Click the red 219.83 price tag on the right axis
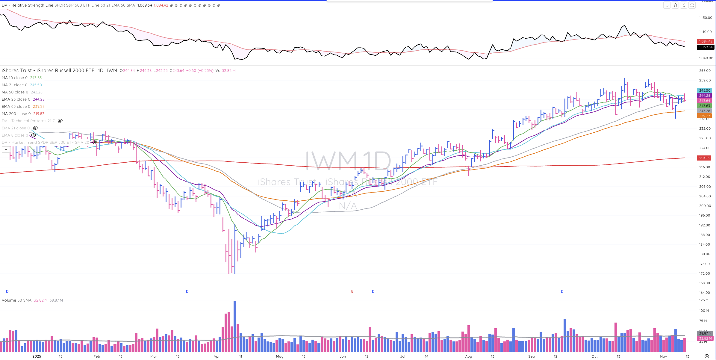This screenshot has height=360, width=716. click(704, 158)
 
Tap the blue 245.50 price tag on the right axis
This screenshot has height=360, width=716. click(705, 90)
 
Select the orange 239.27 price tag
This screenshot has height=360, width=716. click(705, 116)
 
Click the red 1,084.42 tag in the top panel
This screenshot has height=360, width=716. click(706, 41)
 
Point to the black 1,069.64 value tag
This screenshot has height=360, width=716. click(706, 47)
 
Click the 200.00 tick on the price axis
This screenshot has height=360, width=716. click(705, 206)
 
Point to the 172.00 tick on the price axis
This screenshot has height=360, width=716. click(705, 273)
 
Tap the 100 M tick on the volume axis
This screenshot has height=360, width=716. click(704, 311)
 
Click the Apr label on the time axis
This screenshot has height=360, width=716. click(217, 356)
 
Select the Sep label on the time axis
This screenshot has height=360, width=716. click(532, 356)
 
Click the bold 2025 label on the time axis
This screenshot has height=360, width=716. click(37, 356)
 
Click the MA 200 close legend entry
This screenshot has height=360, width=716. click(16, 114)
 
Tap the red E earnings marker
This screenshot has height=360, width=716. click(352, 291)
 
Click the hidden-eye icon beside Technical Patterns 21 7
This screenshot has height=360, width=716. click(60, 121)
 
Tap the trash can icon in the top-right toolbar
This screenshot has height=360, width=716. click(675, 5)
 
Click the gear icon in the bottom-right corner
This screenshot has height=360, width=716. click(707, 356)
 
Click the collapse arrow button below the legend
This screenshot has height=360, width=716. click(6, 149)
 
